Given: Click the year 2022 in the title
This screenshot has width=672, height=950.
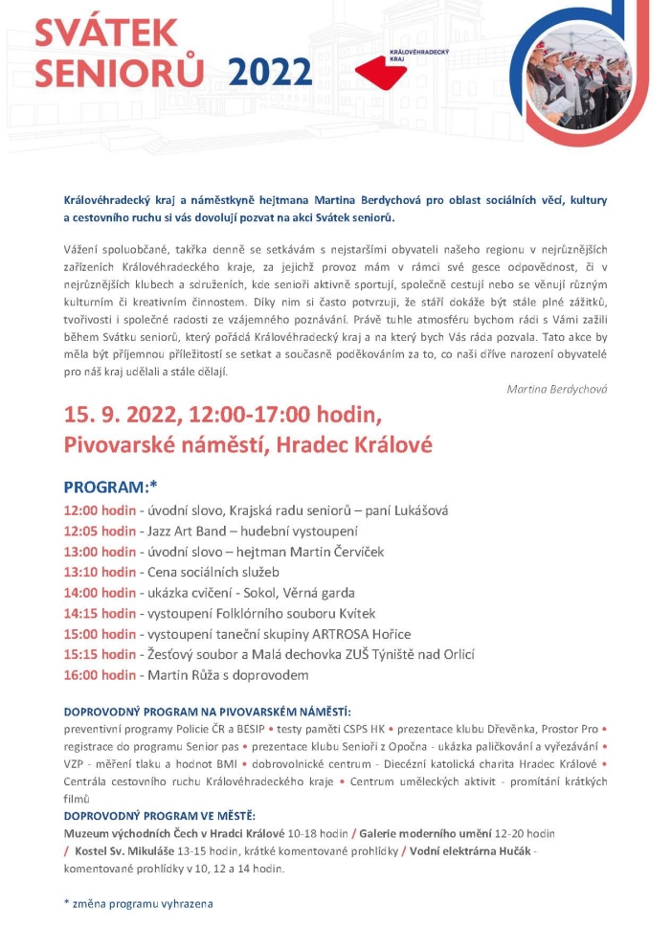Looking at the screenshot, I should coord(271,72).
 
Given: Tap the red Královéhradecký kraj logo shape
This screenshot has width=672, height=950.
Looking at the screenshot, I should coord(384,70).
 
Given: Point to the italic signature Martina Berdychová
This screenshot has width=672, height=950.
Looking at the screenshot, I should coord(557,389).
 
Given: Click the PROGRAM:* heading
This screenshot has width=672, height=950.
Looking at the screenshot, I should coord(110,486).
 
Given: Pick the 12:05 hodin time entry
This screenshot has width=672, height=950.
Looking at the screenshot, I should coord(100,531).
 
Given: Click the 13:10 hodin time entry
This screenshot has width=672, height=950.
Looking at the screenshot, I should coord(100,572).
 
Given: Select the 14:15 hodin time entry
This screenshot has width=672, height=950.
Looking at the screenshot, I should coord(100,613).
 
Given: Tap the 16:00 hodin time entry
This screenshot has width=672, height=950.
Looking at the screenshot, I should coord(100,674).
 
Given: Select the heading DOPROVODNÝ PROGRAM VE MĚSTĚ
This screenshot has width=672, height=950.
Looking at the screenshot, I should coord(159,815).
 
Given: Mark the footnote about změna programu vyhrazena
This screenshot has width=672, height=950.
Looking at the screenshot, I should coord(139,903).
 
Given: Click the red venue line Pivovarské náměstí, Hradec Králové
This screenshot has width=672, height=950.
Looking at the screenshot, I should coord(248,445).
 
